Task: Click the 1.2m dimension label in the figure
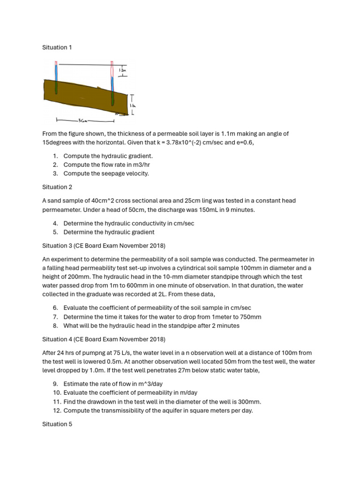122,70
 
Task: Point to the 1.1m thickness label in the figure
133,106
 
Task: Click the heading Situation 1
57,47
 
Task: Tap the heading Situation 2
57,187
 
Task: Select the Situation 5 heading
57,424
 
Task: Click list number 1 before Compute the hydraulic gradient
55,156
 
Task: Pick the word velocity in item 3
136,173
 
